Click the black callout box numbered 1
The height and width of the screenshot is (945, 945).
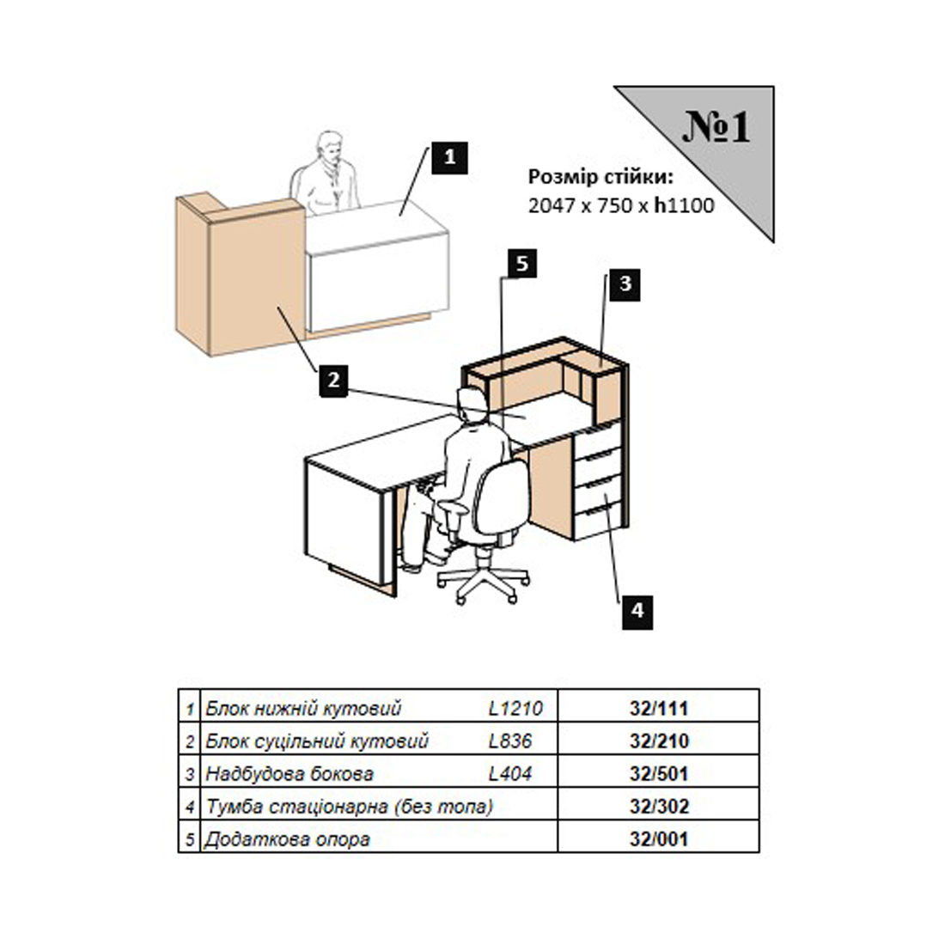pyautogui.click(x=449, y=158)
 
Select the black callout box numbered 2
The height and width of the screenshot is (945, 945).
pyautogui.click(x=334, y=381)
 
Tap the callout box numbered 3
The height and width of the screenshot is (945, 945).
pyautogui.click(x=625, y=283)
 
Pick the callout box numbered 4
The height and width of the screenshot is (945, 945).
pyautogui.click(x=637, y=612)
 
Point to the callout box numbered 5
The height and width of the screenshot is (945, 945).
pyautogui.click(x=522, y=264)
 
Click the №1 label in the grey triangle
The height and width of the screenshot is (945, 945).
pyautogui.click(x=716, y=126)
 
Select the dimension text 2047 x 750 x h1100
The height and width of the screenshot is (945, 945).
pyautogui.click(x=621, y=205)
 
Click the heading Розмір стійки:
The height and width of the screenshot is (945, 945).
pyautogui.click(x=601, y=177)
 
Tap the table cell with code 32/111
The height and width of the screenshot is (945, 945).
pyautogui.click(x=659, y=708)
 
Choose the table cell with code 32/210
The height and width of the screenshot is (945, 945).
pyautogui.click(x=659, y=740)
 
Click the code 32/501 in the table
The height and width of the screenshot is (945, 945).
pyautogui.click(x=659, y=773)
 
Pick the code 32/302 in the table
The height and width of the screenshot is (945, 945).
pyautogui.click(x=659, y=806)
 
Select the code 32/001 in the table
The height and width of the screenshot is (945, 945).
pyautogui.click(x=659, y=838)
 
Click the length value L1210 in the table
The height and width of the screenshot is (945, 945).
pyautogui.click(x=516, y=708)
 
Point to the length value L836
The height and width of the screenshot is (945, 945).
pyautogui.click(x=509, y=741)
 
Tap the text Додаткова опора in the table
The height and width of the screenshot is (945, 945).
pyautogui.click(x=287, y=839)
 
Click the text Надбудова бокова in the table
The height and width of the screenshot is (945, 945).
pyautogui.click(x=290, y=773)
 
